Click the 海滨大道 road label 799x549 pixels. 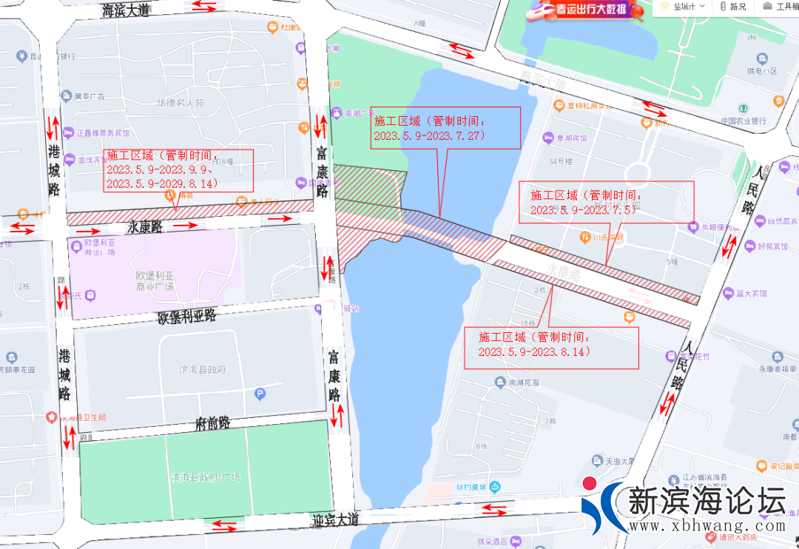click(127, 10)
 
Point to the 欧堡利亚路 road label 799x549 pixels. click(186, 317)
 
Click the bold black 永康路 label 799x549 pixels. click(144, 226)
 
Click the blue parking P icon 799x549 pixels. click(260, 394)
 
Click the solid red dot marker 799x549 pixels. click(590, 484)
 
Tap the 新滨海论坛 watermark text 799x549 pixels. click(706, 501)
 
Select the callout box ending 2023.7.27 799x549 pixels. click(446, 128)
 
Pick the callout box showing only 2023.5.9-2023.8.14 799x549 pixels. click(551, 347)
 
